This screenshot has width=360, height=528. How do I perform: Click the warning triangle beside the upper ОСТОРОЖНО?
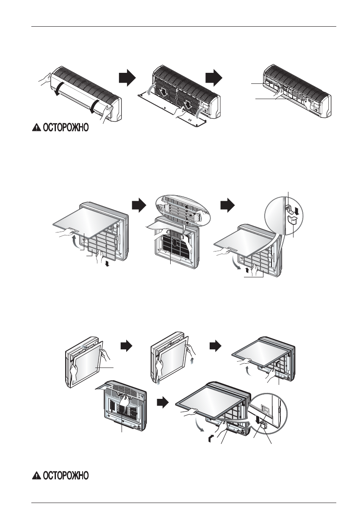click(x=37, y=129)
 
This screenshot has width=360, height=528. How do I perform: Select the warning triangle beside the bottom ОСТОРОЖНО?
click(x=37, y=476)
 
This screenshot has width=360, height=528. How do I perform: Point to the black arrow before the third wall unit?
click(x=213, y=78)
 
